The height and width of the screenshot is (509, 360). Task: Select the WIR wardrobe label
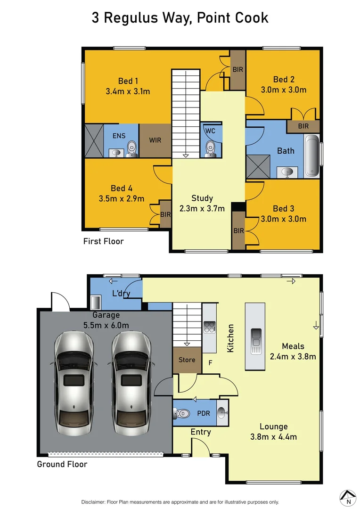pos(155,140)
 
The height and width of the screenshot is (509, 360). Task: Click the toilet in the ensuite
pos(132,148)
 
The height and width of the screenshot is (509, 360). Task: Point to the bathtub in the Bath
pos(312,156)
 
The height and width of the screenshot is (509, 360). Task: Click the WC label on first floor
pos(210,131)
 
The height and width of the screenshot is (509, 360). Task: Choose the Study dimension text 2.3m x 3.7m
pos(202,208)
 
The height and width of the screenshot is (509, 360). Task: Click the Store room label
pos(187,360)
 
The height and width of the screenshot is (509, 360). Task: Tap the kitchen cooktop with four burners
pos(209,327)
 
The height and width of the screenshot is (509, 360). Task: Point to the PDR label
pos(204,413)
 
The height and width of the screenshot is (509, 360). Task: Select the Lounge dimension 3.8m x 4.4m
pos(273,437)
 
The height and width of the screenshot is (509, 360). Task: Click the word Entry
pos(201,432)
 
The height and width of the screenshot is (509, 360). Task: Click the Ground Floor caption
pos(62,464)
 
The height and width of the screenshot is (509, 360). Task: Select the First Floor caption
pos(103,241)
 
